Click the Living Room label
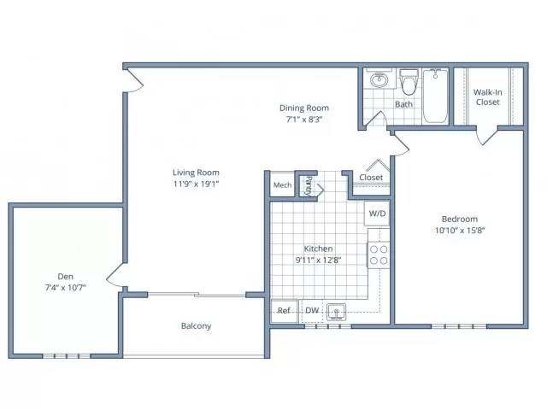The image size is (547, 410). pyautogui.click(x=196, y=173)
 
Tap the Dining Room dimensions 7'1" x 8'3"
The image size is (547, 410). pyautogui.click(x=304, y=120)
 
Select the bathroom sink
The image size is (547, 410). pyautogui.click(x=379, y=79)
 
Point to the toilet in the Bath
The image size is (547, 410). pyautogui.click(x=409, y=82)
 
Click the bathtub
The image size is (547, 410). pyautogui.click(x=435, y=96)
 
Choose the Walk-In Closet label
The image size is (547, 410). pyautogui.click(x=488, y=97)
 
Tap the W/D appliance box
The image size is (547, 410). pyautogui.click(x=377, y=213)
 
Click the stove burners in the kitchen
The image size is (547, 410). pyautogui.click(x=379, y=255)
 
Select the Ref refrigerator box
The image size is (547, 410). pyautogui.click(x=284, y=311)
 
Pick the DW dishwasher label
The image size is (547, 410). pyautogui.click(x=312, y=310)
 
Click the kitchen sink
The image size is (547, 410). pyautogui.click(x=336, y=312)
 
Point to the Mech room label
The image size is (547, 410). pyautogui.click(x=282, y=185)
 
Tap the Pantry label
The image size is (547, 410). pyautogui.click(x=309, y=185)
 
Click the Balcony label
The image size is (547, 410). pyautogui.click(x=196, y=326)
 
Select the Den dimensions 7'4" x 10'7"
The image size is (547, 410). pyautogui.click(x=65, y=288)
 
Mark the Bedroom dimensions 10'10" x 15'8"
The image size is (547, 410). pyautogui.click(x=460, y=231)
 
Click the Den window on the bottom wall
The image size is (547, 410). pyautogui.click(x=67, y=356)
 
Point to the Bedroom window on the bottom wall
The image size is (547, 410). pyautogui.click(x=459, y=326)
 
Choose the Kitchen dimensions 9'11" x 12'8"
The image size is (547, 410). pyautogui.click(x=318, y=260)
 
